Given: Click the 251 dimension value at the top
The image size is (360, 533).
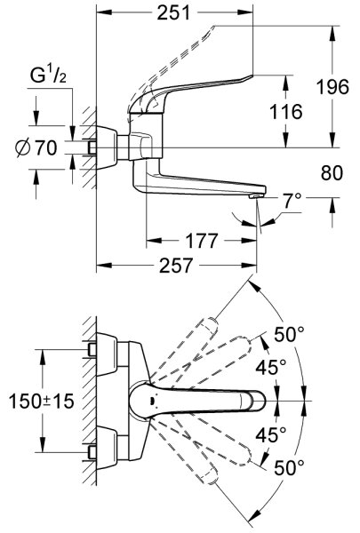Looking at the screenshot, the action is click(173, 13).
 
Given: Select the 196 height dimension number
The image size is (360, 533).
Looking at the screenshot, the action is click(332, 87).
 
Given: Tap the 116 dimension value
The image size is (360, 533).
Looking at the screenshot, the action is click(285, 112).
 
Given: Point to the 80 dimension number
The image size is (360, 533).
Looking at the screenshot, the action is click(332, 173).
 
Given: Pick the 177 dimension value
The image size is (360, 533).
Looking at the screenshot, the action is click(201, 241).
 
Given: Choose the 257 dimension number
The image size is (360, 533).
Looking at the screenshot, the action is click(176, 265).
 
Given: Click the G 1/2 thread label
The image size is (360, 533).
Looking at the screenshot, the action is click(48, 76).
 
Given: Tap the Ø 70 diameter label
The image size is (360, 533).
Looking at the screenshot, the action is click(36, 147).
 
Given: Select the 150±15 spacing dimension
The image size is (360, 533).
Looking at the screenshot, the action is click(41, 401).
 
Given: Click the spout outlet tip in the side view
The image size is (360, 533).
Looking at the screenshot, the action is click(255, 196).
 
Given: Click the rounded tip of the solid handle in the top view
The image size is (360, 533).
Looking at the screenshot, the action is click(260, 401).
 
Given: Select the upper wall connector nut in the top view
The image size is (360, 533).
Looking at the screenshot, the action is click(92, 350).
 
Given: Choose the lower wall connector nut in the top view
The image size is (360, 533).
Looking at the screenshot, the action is click(92, 452).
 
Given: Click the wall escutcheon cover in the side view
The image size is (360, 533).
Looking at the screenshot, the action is click(108, 147).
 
